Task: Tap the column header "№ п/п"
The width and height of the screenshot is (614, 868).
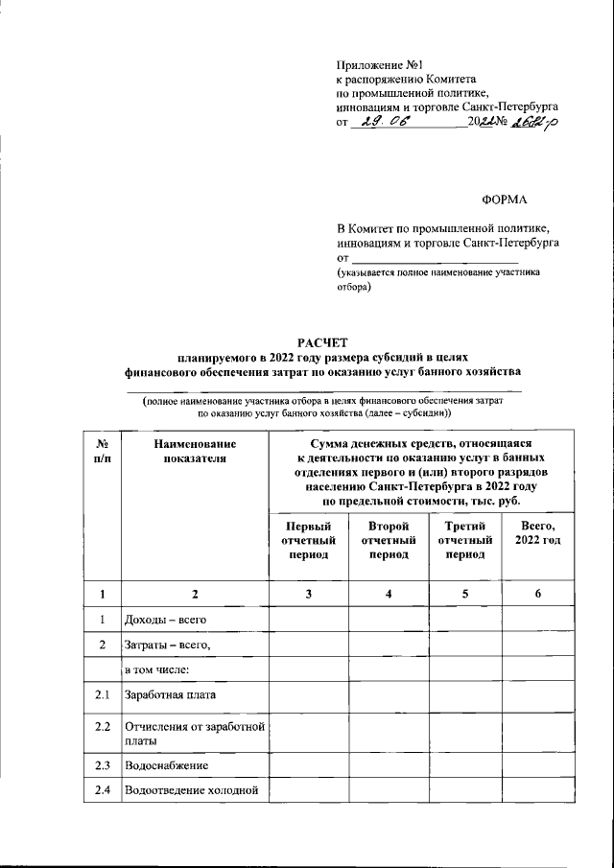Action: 102,453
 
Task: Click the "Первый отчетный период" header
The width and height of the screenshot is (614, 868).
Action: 308,540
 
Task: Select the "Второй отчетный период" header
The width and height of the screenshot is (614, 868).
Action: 388,540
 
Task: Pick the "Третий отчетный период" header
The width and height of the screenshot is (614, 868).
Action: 464,540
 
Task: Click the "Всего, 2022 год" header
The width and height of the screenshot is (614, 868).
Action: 537,533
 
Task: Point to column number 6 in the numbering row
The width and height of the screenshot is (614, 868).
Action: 537,596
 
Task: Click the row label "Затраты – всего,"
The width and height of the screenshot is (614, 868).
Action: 167,645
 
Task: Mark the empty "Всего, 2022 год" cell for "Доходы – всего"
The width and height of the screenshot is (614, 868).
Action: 537,622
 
